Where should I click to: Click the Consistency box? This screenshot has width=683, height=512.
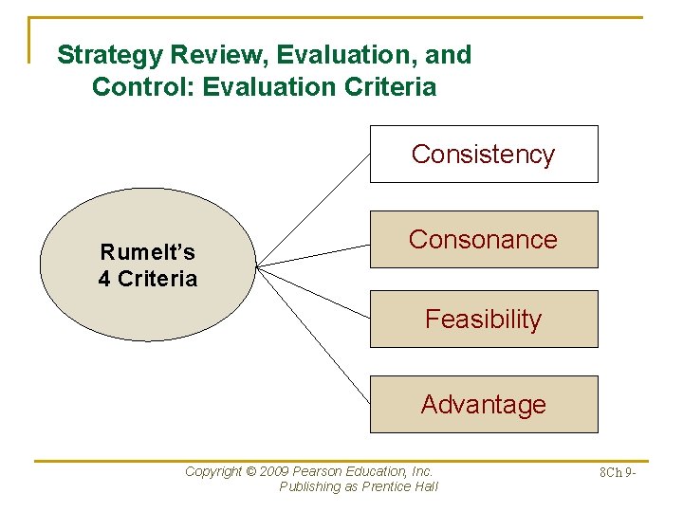pos(484,154)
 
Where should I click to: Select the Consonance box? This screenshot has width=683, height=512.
pos(484,239)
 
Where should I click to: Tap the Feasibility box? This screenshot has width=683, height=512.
pos(484,320)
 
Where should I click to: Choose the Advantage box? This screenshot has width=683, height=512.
pos(484,404)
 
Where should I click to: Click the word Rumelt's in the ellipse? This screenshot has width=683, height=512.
pos(148,252)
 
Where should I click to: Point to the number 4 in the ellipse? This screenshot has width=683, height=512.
pos(104,279)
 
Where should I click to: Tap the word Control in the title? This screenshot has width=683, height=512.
pos(133,87)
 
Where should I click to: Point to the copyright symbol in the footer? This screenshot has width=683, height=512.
pos(251,471)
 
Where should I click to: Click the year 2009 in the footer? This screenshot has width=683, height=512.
pos(275,471)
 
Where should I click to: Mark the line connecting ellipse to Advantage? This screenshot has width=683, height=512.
pos(313,334)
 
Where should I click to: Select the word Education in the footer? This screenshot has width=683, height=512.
pos(380,471)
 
